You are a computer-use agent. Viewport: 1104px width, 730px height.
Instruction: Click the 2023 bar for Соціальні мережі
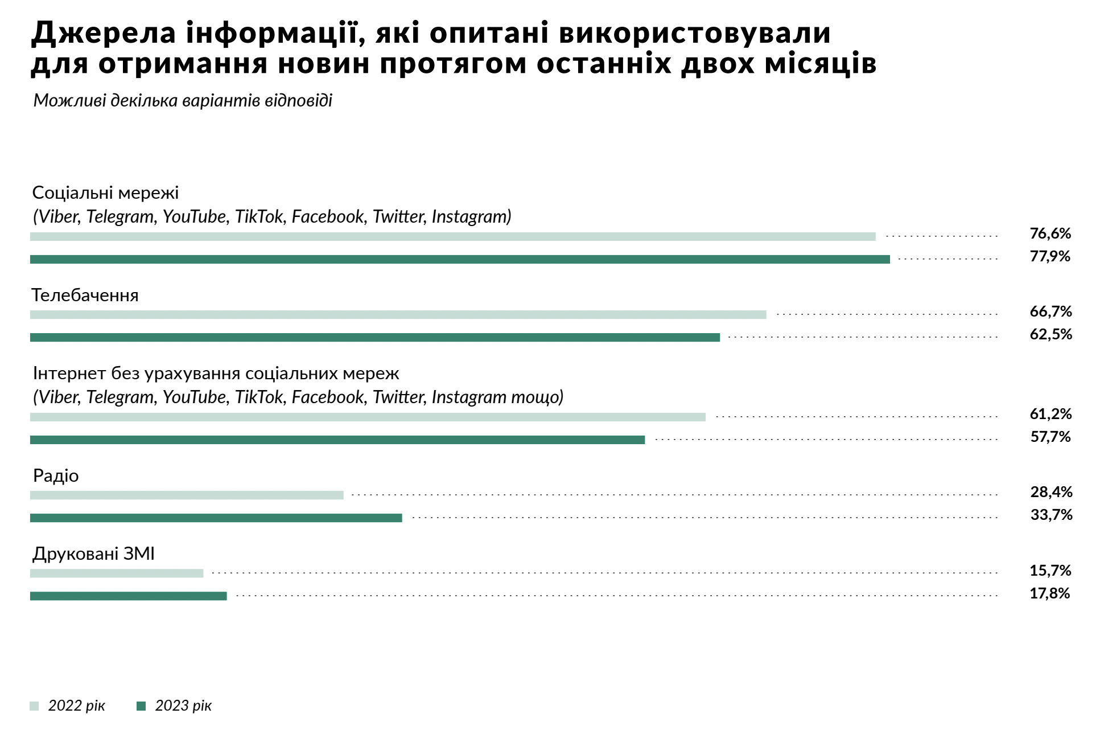click(x=460, y=260)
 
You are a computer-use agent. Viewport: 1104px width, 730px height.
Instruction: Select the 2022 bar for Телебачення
click(x=398, y=315)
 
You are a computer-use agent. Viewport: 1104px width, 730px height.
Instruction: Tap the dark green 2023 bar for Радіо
click(x=216, y=518)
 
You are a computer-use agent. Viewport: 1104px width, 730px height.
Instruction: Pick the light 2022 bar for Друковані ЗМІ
click(x=117, y=573)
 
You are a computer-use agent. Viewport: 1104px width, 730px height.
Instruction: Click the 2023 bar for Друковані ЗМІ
click(x=128, y=596)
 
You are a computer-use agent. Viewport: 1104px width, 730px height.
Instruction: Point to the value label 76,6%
click(x=1050, y=233)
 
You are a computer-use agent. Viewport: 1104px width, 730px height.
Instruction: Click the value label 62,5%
click(x=1051, y=334)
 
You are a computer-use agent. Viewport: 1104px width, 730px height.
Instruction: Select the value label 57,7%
click(x=1051, y=437)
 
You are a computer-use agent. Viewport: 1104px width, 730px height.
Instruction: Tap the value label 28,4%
click(x=1051, y=492)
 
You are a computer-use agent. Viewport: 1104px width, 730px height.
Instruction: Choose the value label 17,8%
click(x=1050, y=593)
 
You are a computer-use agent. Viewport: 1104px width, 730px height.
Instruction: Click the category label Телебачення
click(x=85, y=296)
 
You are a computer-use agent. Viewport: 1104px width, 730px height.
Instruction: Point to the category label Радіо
click(x=56, y=476)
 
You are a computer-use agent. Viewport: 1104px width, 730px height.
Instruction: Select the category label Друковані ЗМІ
click(x=93, y=554)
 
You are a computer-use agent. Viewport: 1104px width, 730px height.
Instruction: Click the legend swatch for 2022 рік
click(x=35, y=706)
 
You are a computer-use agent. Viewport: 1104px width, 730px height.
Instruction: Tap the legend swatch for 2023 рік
click(x=142, y=706)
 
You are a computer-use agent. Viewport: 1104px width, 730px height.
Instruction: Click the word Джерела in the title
click(x=104, y=33)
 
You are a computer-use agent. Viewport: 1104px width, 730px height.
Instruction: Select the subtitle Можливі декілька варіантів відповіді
click(x=183, y=101)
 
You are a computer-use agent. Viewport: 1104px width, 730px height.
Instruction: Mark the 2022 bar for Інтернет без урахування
click(x=368, y=417)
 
